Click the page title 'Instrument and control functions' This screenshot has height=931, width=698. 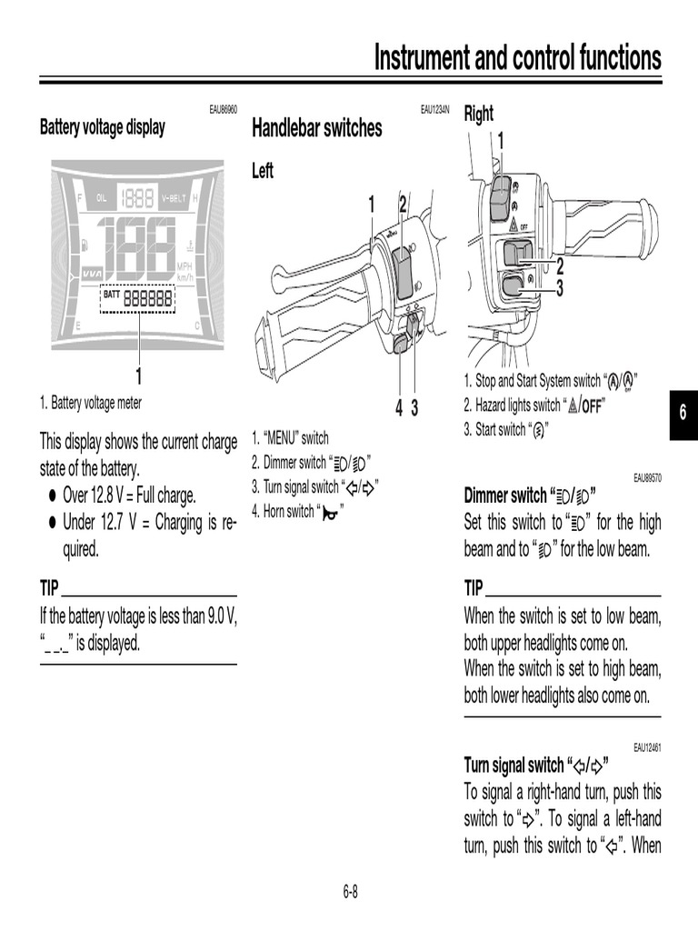(518, 58)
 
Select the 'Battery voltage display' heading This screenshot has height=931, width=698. (102, 128)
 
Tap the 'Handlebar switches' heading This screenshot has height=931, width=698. (316, 129)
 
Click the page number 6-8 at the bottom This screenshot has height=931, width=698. (350, 892)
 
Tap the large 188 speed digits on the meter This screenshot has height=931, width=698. (137, 248)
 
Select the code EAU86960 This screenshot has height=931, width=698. (223, 110)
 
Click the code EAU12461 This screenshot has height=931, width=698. (647, 747)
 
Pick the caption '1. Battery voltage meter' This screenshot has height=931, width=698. (91, 403)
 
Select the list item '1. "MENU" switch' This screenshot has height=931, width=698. (290, 438)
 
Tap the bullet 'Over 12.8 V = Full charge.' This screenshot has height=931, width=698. (129, 496)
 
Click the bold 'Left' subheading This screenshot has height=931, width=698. (262, 171)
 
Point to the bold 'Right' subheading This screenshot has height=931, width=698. (478, 114)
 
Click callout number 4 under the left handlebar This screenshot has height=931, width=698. (398, 409)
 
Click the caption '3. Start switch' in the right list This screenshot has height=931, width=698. (505, 429)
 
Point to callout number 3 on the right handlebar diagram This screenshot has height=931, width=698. (560, 289)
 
